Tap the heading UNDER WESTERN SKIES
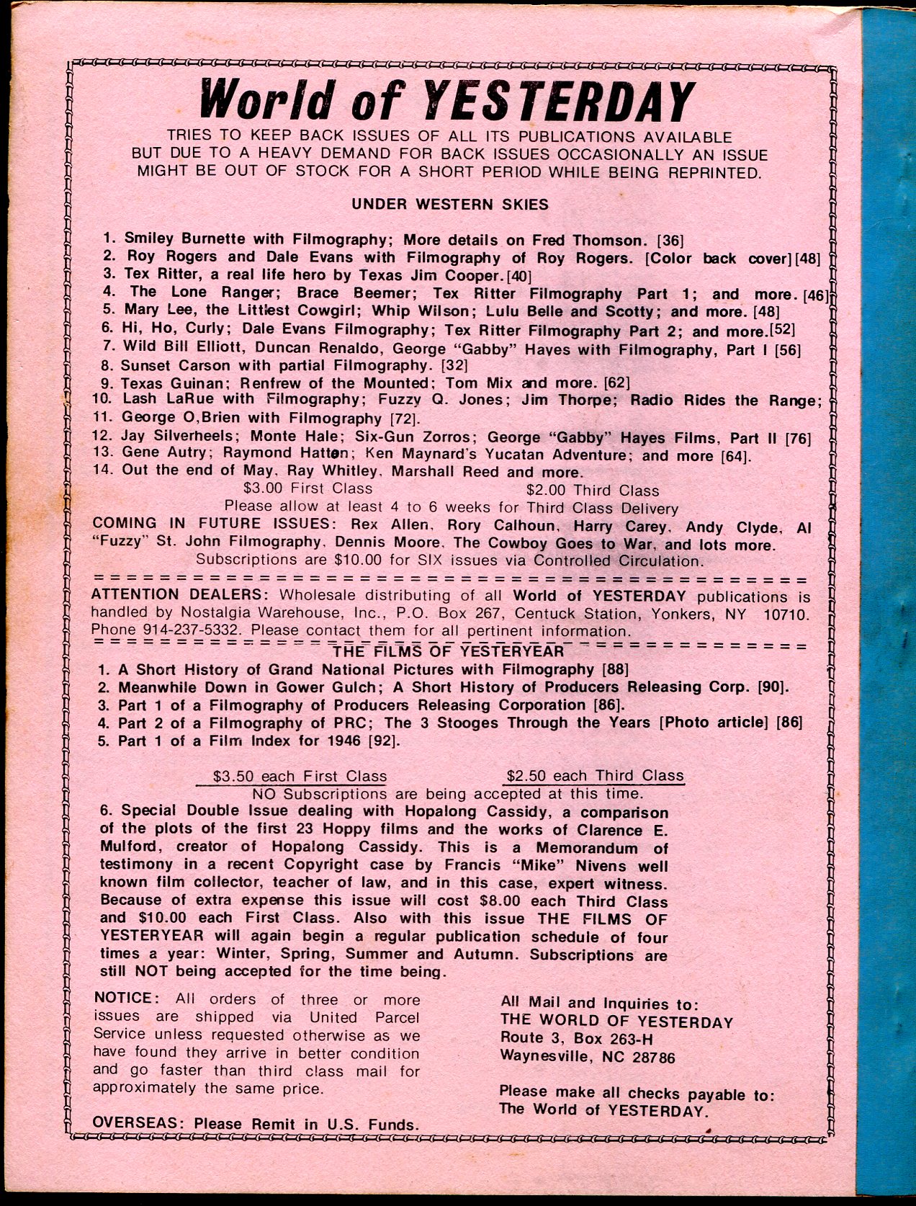click(x=450, y=205)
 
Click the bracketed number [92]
click(x=387, y=741)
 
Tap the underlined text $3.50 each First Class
click(x=300, y=777)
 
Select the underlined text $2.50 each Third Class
click(x=594, y=776)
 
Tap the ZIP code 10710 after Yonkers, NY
click(x=785, y=614)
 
